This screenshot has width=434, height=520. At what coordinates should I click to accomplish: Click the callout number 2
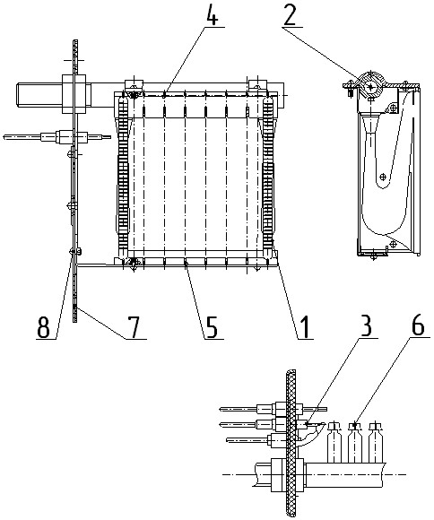click(x=290, y=14)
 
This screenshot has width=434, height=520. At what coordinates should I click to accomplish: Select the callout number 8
click(x=44, y=326)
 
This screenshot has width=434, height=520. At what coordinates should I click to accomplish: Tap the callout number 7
click(x=133, y=326)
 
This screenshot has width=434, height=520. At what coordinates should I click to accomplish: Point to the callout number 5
click(x=211, y=326)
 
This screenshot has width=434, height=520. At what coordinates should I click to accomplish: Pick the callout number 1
click(x=305, y=326)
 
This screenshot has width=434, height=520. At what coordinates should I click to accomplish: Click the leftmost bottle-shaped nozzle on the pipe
click(x=334, y=442)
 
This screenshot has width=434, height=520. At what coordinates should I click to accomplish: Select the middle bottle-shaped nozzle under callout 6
click(x=355, y=442)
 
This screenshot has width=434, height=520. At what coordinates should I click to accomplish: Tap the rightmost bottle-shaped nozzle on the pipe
click(x=376, y=442)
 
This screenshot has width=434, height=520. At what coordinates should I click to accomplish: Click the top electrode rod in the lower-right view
click(x=273, y=409)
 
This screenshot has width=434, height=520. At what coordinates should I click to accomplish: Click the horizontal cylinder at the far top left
click(x=39, y=95)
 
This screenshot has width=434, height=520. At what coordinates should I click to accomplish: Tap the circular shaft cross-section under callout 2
click(x=370, y=87)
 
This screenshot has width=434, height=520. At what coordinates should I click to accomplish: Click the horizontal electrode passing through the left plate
click(x=56, y=136)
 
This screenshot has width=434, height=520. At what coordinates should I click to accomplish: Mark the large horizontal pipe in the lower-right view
click(x=345, y=475)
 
